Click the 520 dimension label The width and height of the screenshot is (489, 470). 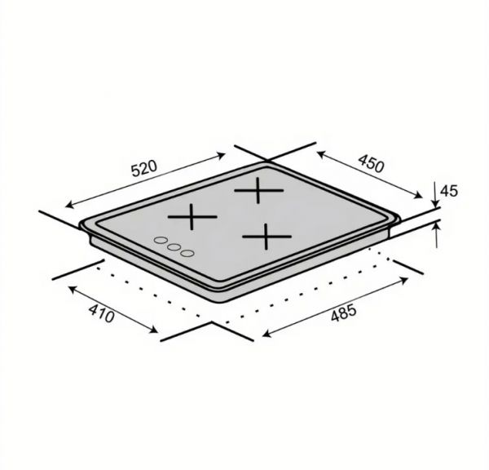(143, 168)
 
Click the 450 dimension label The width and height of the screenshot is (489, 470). (371, 164)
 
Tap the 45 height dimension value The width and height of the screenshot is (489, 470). (449, 191)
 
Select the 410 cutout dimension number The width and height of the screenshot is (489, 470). (101, 313)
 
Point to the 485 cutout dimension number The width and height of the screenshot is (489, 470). (343, 313)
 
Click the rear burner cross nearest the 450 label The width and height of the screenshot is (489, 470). (259, 190)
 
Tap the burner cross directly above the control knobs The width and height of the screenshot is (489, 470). (192, 217)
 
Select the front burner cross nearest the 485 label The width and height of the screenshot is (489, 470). (267, 237)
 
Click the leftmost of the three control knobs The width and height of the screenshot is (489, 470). (161, 240)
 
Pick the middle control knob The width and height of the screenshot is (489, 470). (174, 247)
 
